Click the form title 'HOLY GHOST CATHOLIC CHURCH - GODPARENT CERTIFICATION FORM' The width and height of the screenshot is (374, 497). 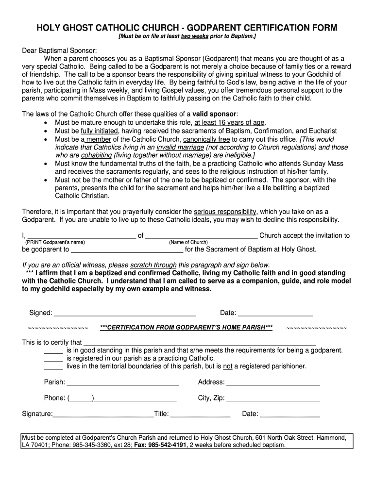tap(187, 28)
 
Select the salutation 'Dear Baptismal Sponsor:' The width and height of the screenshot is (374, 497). tap(60, 50)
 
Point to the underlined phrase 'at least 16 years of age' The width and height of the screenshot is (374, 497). tap(230, 122)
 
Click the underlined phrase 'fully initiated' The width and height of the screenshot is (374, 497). tap(99, 131)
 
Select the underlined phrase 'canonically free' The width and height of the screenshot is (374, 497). tap(207, 139)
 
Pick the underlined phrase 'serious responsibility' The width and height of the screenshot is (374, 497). tap(225, 212)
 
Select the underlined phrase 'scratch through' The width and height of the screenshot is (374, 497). tap(153, 265)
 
